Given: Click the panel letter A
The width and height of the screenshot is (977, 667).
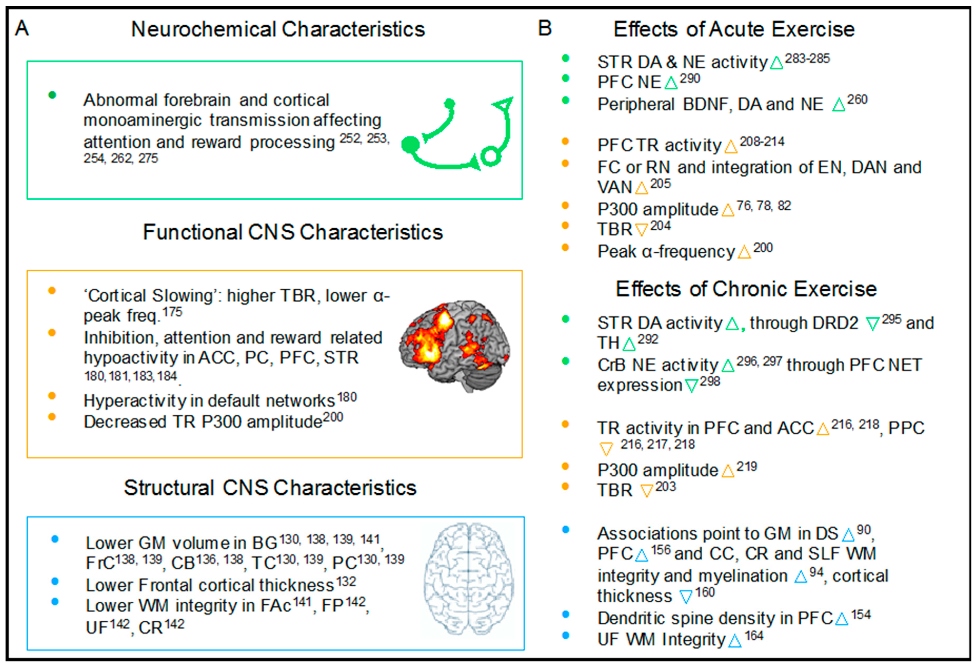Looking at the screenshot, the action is [22, 29].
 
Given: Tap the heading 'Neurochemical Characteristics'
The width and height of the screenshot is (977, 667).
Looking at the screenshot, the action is [278, 29].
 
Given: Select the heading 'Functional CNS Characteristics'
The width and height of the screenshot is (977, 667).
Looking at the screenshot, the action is [293, 232].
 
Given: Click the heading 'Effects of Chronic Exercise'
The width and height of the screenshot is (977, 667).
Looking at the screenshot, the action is [746, 289].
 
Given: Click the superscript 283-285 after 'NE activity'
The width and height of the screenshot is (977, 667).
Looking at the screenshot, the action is [807, 58].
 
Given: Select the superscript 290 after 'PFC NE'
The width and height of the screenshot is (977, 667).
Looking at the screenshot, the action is [690, 79].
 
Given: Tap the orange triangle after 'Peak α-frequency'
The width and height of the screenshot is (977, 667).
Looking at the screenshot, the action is [744, 252].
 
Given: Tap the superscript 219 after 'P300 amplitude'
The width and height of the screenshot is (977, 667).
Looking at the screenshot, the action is [747, 467].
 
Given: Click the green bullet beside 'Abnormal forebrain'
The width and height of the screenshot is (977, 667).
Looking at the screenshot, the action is [52, 95].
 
